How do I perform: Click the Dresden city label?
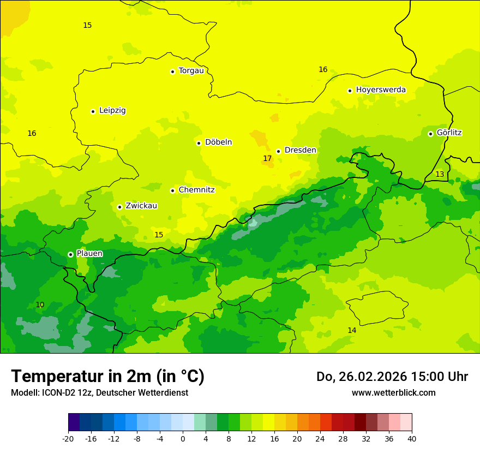(300, 150)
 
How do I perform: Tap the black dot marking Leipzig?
(93, 111)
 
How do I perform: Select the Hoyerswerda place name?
(381, 90)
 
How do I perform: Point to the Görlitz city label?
(449, 133)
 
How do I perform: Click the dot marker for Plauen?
(70, 254)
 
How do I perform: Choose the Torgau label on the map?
(191, 70)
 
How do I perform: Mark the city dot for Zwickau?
(119, 207)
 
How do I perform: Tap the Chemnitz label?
(196, 190)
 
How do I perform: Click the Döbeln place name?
(218, 142)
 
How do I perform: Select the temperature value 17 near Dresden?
(267, 158)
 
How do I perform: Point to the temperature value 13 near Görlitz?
(440, 174)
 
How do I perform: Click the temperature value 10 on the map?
(40, 305)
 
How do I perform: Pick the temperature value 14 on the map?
(352, 330)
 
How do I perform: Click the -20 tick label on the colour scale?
(68, 439)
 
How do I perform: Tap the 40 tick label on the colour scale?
(411, 439)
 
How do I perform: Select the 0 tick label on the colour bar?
(183, 439)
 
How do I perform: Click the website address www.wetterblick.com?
(393, 392)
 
